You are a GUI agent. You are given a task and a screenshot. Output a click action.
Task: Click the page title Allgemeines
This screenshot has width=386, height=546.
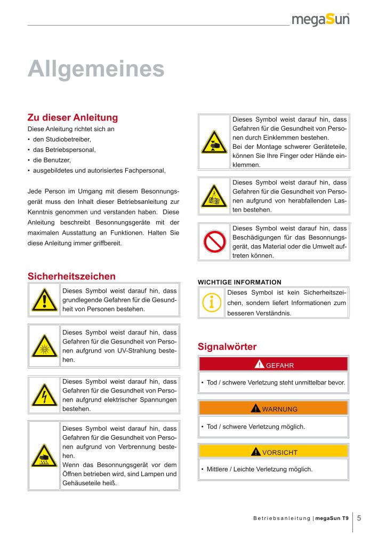tap(96, 69)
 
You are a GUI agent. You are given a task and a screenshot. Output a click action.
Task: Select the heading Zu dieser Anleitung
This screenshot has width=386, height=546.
tap(73, 117)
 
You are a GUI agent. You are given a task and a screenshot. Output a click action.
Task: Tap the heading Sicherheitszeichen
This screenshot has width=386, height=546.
tap(71, 276)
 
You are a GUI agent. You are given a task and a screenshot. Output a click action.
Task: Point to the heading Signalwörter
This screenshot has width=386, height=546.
tap(227, 347)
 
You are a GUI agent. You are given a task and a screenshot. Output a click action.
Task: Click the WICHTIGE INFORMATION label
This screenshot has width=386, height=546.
tap(239, 282)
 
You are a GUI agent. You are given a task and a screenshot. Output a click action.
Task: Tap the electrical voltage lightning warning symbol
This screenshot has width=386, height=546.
tap(44, 395)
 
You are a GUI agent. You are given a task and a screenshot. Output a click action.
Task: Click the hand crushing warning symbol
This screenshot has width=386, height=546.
tap(214, 142)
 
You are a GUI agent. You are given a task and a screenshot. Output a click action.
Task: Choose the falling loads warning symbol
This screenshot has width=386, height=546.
tap(214, 197)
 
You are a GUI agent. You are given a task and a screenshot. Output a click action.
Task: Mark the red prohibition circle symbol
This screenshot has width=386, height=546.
tap(214, 242)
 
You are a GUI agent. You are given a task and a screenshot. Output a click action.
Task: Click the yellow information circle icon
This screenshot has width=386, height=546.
tap(212, 303)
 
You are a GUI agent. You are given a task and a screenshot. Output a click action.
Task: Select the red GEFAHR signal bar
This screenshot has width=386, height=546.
tap(273, 365)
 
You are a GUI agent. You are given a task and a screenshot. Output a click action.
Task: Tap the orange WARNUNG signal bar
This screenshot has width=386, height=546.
tap(273, 408)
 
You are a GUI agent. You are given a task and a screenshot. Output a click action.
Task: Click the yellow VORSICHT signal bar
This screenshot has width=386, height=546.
tap(273, 452)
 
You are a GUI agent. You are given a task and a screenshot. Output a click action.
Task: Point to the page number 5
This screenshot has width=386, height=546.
tap(359, 518)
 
